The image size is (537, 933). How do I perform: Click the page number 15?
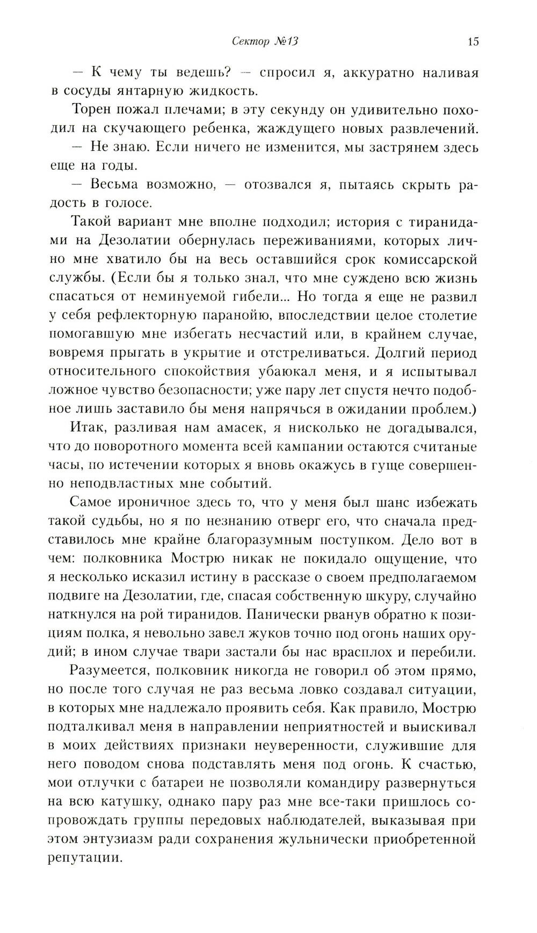[473, 42]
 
